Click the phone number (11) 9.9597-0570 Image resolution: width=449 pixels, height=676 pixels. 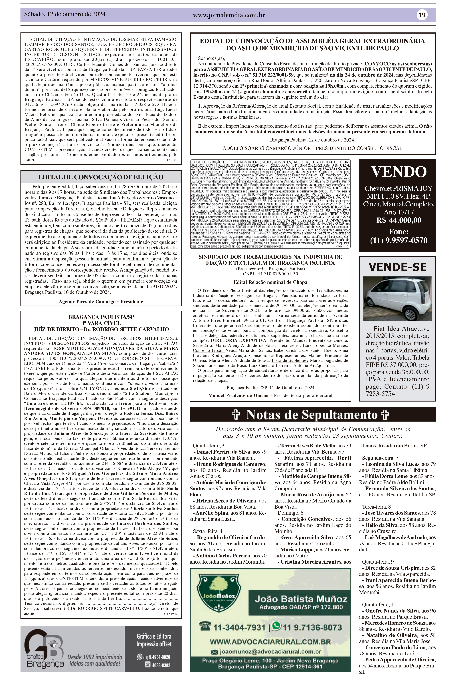(399, 240)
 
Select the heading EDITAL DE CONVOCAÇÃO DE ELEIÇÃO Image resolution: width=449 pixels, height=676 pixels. (101, 177)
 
